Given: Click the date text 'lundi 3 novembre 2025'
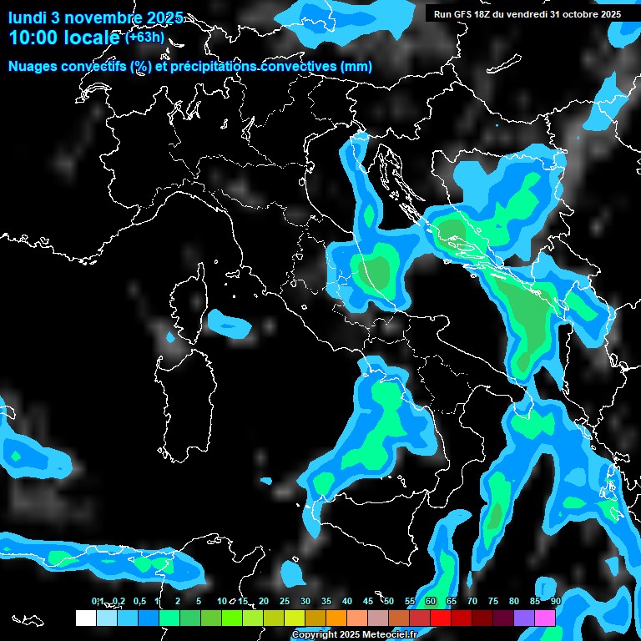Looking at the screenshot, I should [x=95, y=18].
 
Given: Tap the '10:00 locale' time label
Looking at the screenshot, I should [x=65, y=38].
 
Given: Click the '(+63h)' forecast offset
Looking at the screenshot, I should [x=144, y=37].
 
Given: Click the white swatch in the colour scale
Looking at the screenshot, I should [x=85, y=618].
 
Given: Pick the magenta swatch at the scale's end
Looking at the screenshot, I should [x=545, y=618].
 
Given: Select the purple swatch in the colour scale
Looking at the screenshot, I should [x=524, y=618].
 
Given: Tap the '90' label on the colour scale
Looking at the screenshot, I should [x=555, y=601].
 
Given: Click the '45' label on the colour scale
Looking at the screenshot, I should [x=368, y=601].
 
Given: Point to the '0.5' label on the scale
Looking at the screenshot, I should [x=139, y=601].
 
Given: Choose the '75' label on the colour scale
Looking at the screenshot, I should [x=492, y=601].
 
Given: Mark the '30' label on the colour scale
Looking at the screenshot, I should [x=305, y=601].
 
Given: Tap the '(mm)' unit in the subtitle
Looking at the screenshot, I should [x=356, y=67].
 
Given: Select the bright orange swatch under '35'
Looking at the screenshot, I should [x=336, y=618].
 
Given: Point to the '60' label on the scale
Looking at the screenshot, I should [x=431, y=601].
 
